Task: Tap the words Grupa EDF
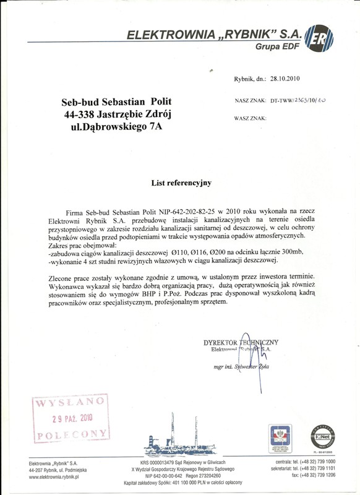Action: [277, 46]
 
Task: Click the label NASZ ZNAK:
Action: [251, 100]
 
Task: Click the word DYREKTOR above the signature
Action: [221, 342]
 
